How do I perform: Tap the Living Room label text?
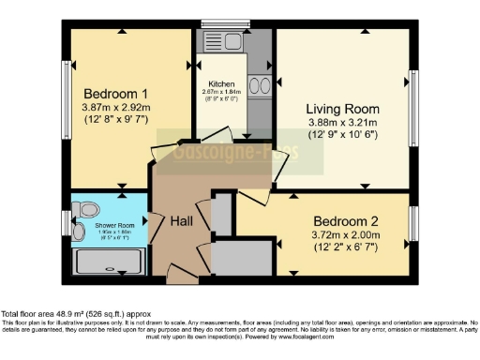343,107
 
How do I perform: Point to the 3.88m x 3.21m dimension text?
343,122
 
